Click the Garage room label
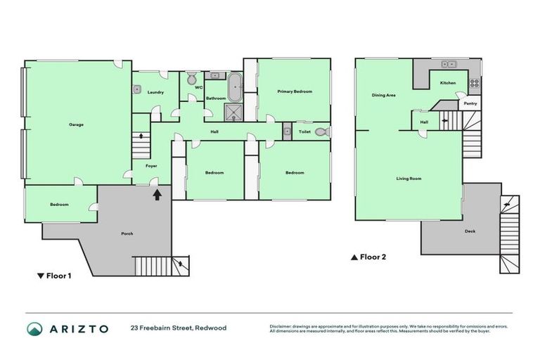pos(76,124)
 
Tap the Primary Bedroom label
pos(294,91)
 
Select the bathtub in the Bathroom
pos(236,89)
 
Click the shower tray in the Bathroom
pos(233,112)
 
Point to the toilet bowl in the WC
pos(192,77)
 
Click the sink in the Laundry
pos(138,90)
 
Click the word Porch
pos(127,233)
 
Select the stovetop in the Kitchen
pos(474,84)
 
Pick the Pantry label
pos(470,103)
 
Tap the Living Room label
pos(409,179)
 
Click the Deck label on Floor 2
pos(470,231)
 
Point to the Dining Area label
pos(383,95)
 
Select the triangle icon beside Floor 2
pos(354,257)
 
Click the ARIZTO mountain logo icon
pos(34,328)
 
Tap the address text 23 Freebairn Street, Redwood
pos(178,328)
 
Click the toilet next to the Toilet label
pos(321,131)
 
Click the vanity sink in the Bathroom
pos(215,75)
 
